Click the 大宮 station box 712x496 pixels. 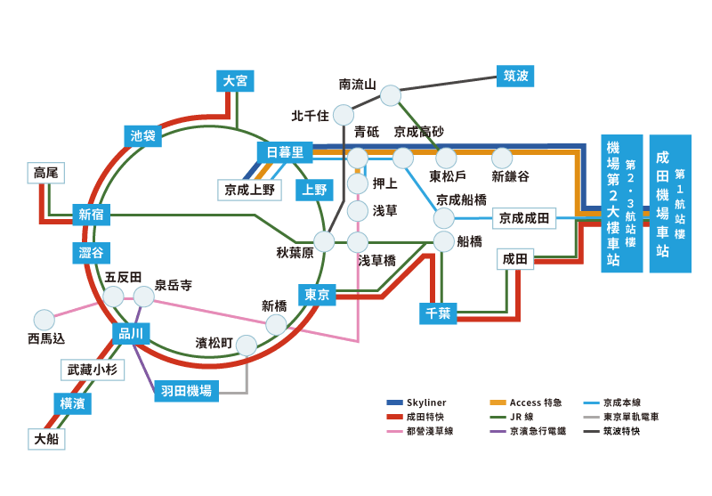[236, 81]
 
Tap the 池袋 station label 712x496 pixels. [142, 136]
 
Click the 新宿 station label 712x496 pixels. [92, 214]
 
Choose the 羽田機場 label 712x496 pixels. [187, 390]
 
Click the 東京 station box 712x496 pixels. [318, 295]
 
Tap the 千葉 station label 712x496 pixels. [439, 313]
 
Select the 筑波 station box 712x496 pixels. [515, 76]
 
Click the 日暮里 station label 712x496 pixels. [285, 152]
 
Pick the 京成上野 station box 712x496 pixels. [250, 189]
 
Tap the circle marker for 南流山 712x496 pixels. [391, 95]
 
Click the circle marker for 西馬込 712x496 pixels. [43, 319]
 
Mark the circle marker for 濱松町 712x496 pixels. [247, 345]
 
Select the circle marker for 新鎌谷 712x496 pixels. [502, 158]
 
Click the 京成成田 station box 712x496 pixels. [524, 217]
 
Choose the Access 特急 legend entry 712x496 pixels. [532, 402]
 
